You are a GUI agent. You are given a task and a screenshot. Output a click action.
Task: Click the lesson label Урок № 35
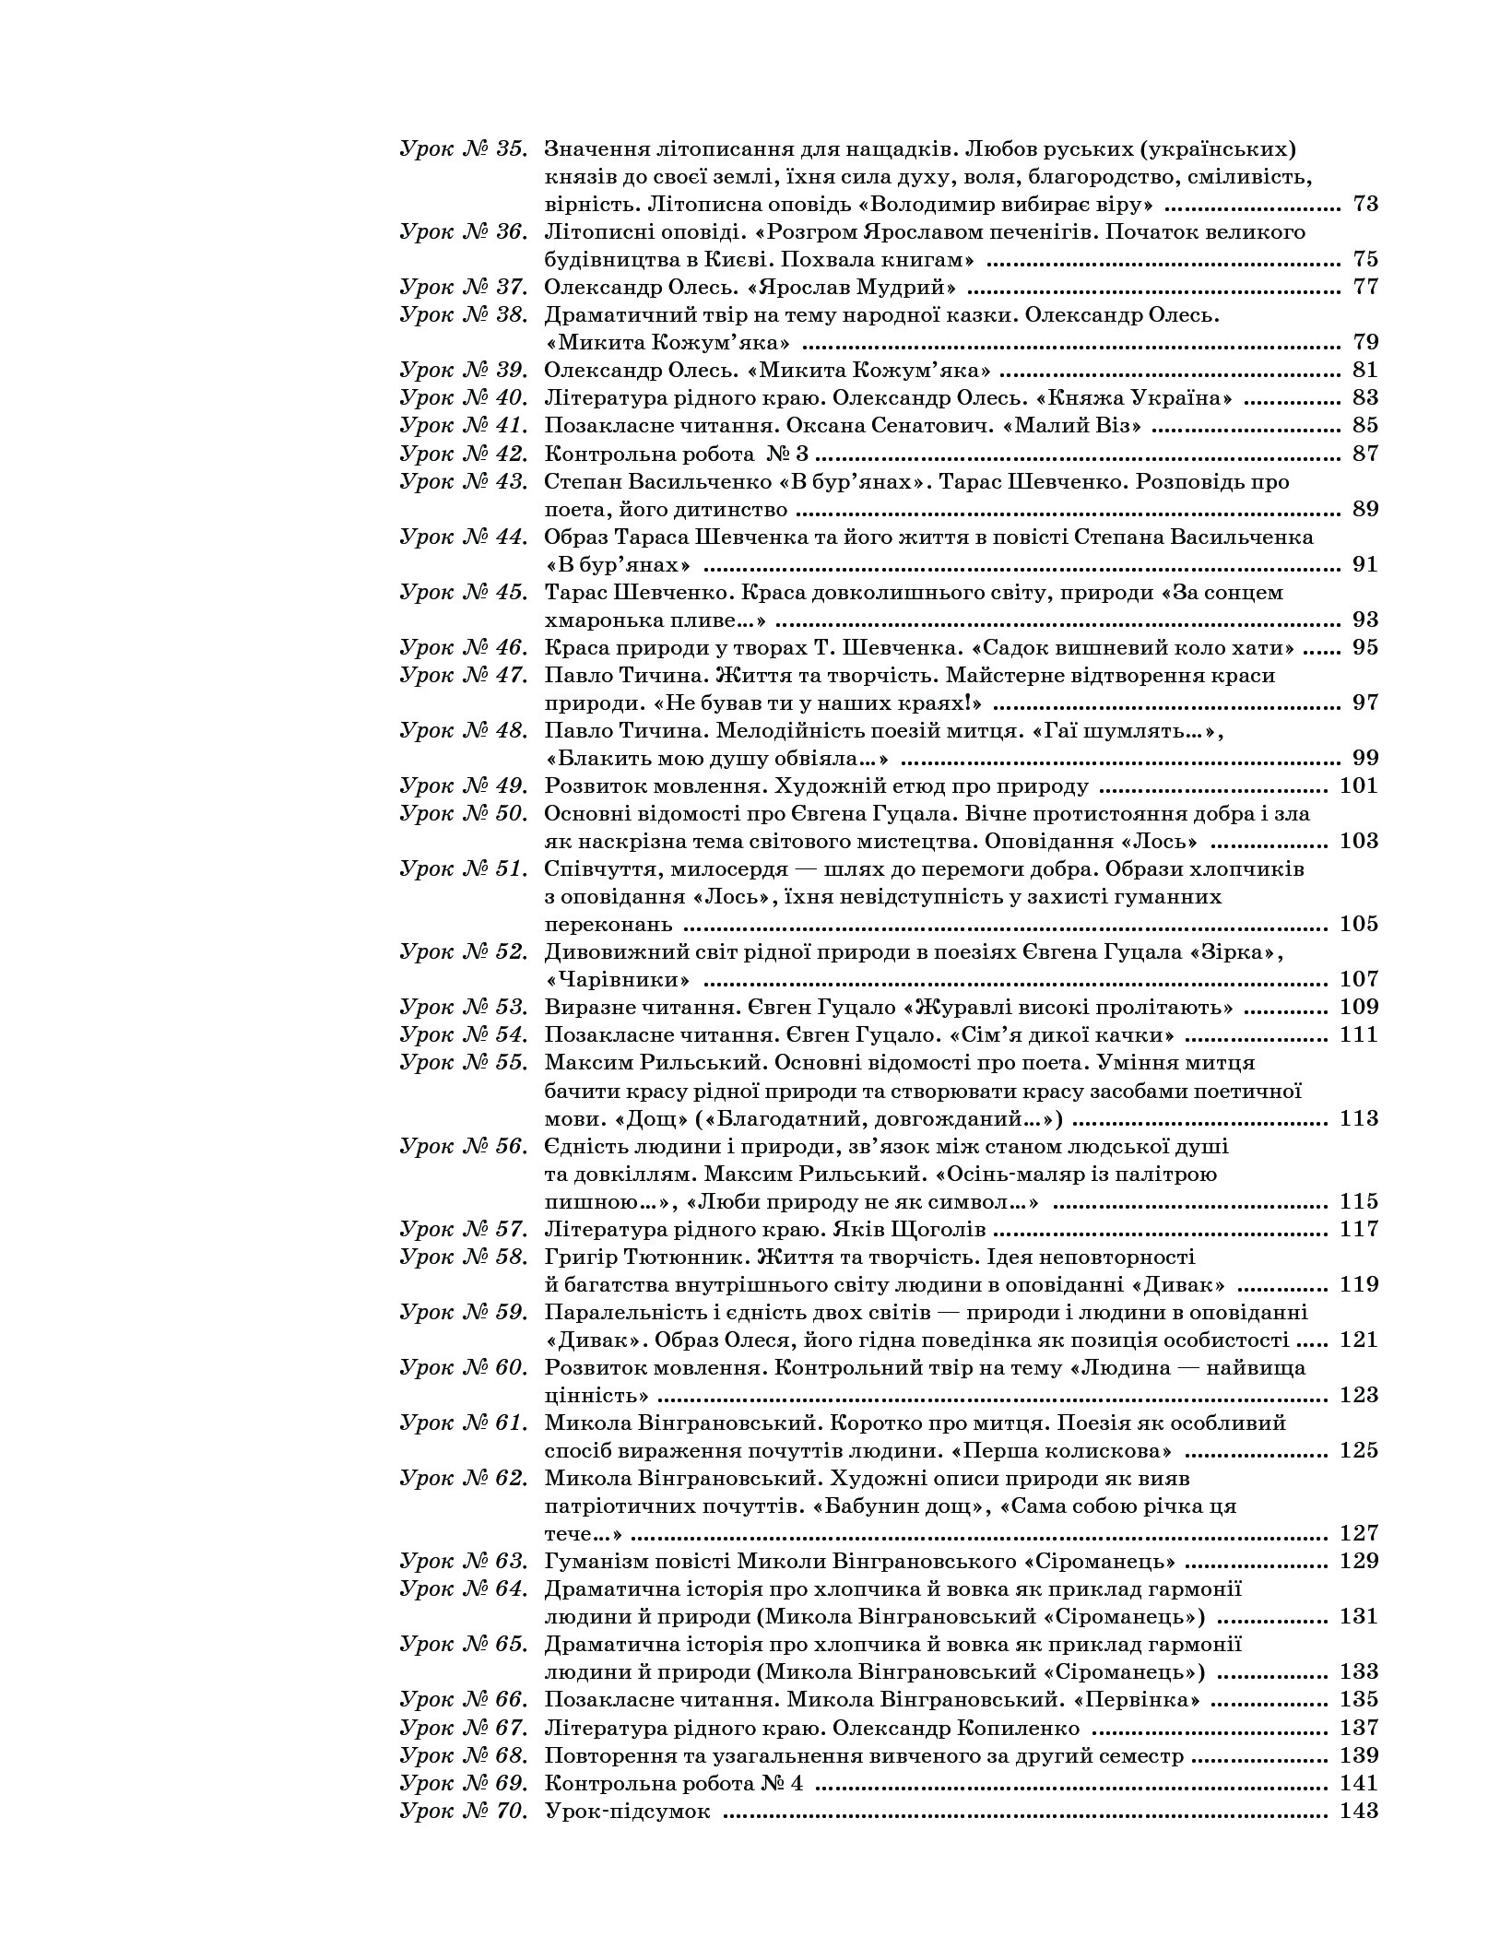[x=464, y=148]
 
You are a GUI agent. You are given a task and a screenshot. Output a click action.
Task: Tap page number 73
[x=1364, y=204]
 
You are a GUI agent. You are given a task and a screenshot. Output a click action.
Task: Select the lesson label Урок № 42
[x=464, y=454]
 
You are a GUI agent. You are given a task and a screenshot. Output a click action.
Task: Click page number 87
[x=1364, y=454]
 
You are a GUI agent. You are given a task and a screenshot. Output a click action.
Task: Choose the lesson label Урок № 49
[x=464, y=786]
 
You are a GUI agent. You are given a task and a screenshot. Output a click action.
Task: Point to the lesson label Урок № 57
[x=464, y=1230]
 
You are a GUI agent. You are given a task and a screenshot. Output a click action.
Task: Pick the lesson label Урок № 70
[x=464, y=1811]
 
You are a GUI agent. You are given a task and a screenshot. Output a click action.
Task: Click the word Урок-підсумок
[x=628, y=1811]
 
